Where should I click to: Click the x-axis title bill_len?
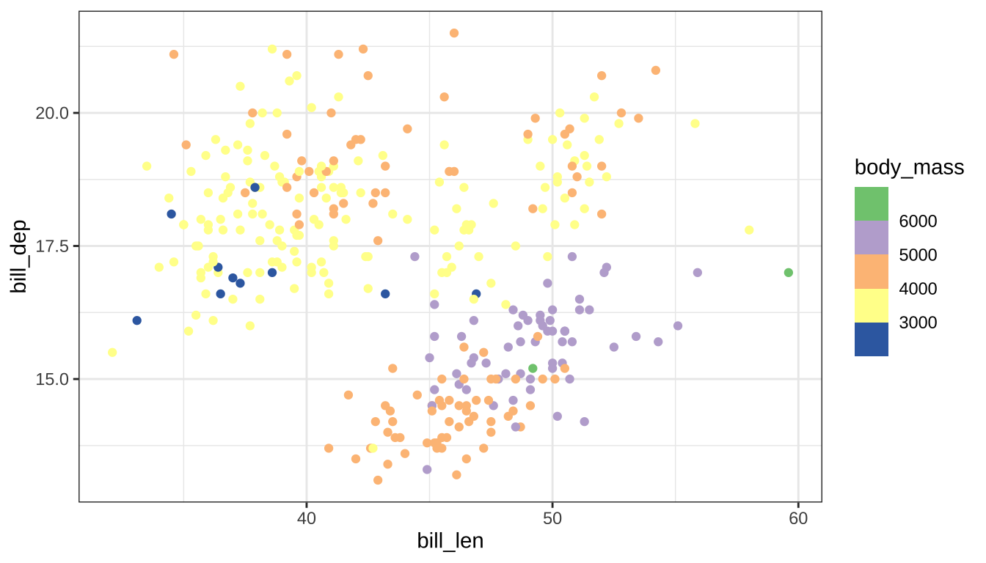pyautogui.click(x=450, y=540)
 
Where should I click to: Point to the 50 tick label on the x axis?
pyautogui.click(x=552, y=518)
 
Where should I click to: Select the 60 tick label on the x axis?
pyautogui.click(x=797, y=518)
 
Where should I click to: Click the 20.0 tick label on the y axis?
pyautogui.click(x=54, y=113)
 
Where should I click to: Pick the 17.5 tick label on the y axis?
pyautogui.click(x=54, y=246)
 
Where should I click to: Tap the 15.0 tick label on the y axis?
pyautogui.click(x=54, y=379)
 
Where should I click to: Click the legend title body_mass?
pyautogui.click(x=909, y=168)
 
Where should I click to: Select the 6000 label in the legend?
pyautogui.click(x=918, y=221)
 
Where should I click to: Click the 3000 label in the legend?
pyautogui.click(x=918, y=323)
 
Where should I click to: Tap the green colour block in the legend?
pyautogui.click(x=871, y=204)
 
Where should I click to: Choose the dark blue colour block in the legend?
pyautogui.click(x=871, y=339)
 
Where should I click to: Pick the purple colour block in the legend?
pyautogui.click(x=871, y=238)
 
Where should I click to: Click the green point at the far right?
pyautogui.click(x=789, y=273)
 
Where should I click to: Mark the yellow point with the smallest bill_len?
pyautogui.click(x=112, y=353)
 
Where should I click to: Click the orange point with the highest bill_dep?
pyautogui.click(x=454, y=33)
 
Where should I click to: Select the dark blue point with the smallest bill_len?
pyautogui.click(x=136, y=320)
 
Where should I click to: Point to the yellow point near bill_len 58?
pyautogui.click(x=749, y=230)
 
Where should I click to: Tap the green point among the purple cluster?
pyautogui.click(x=533, y=368)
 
